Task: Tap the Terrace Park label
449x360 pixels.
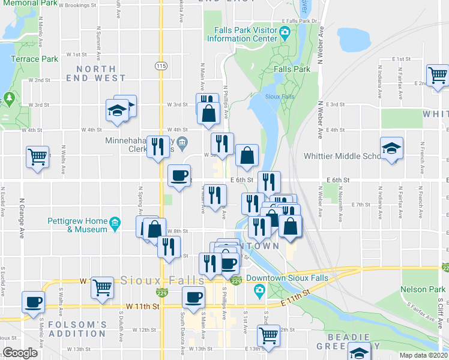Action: tap(35, 59)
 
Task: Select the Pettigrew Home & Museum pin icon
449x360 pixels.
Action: tap(114, 226)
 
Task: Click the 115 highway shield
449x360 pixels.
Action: tap(160, 65)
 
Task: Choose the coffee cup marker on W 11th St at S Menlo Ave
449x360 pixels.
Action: tap(34, 302)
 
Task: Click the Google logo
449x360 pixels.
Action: tap(20, 353)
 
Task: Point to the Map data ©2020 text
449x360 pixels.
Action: tap(424, 355)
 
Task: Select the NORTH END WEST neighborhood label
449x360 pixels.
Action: tap(101, 73)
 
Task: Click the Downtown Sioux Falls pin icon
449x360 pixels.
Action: tap(260, 292)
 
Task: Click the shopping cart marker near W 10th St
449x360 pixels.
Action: tap(103, 287)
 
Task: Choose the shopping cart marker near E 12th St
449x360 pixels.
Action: tap(270, 335)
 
